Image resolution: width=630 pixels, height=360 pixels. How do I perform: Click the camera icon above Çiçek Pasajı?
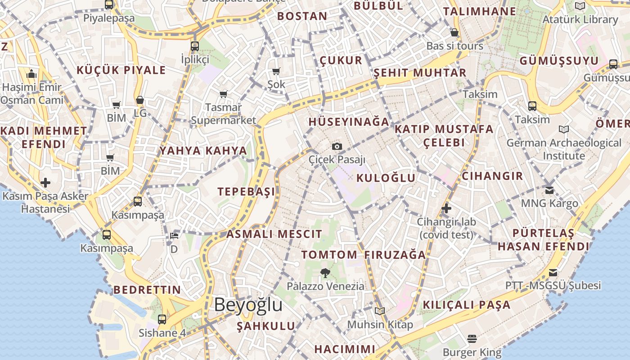coord(337,146)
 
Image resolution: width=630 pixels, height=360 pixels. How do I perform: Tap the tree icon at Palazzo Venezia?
coord(324,272)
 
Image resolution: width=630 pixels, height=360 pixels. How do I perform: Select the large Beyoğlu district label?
coord(248,305)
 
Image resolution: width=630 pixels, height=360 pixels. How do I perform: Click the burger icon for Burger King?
coord(472,338)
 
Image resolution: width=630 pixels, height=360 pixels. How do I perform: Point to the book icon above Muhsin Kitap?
coord(380,311)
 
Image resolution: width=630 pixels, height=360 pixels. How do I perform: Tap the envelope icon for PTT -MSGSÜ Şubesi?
coord(553,272)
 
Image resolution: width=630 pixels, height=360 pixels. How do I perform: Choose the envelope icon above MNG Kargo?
coord(549,190)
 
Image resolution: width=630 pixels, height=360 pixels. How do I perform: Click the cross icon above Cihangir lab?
coord(446,208)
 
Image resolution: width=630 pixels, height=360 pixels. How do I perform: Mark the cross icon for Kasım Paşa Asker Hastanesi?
coord(45,183)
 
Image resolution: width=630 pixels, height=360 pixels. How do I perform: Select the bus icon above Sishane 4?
coord(162,319)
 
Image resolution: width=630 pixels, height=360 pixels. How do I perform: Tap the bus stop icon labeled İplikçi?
coord(194,46)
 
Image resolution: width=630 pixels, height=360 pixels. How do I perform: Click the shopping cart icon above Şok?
coord(276,71)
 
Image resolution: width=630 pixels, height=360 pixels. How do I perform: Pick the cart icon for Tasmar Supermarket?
coord(223,94)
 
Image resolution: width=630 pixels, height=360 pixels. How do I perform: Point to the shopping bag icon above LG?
coord(140,100)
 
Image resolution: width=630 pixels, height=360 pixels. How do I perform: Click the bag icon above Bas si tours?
coord(454,32)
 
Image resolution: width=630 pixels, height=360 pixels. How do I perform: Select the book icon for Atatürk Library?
coord(580,6)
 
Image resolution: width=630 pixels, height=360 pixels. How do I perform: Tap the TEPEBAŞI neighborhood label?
coord(246,192)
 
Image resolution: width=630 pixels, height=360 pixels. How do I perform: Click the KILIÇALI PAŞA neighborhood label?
coord(467,305)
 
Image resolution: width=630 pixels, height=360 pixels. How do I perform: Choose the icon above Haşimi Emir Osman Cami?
coord(31,74)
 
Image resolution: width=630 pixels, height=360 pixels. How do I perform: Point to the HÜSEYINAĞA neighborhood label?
coord(349,122)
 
